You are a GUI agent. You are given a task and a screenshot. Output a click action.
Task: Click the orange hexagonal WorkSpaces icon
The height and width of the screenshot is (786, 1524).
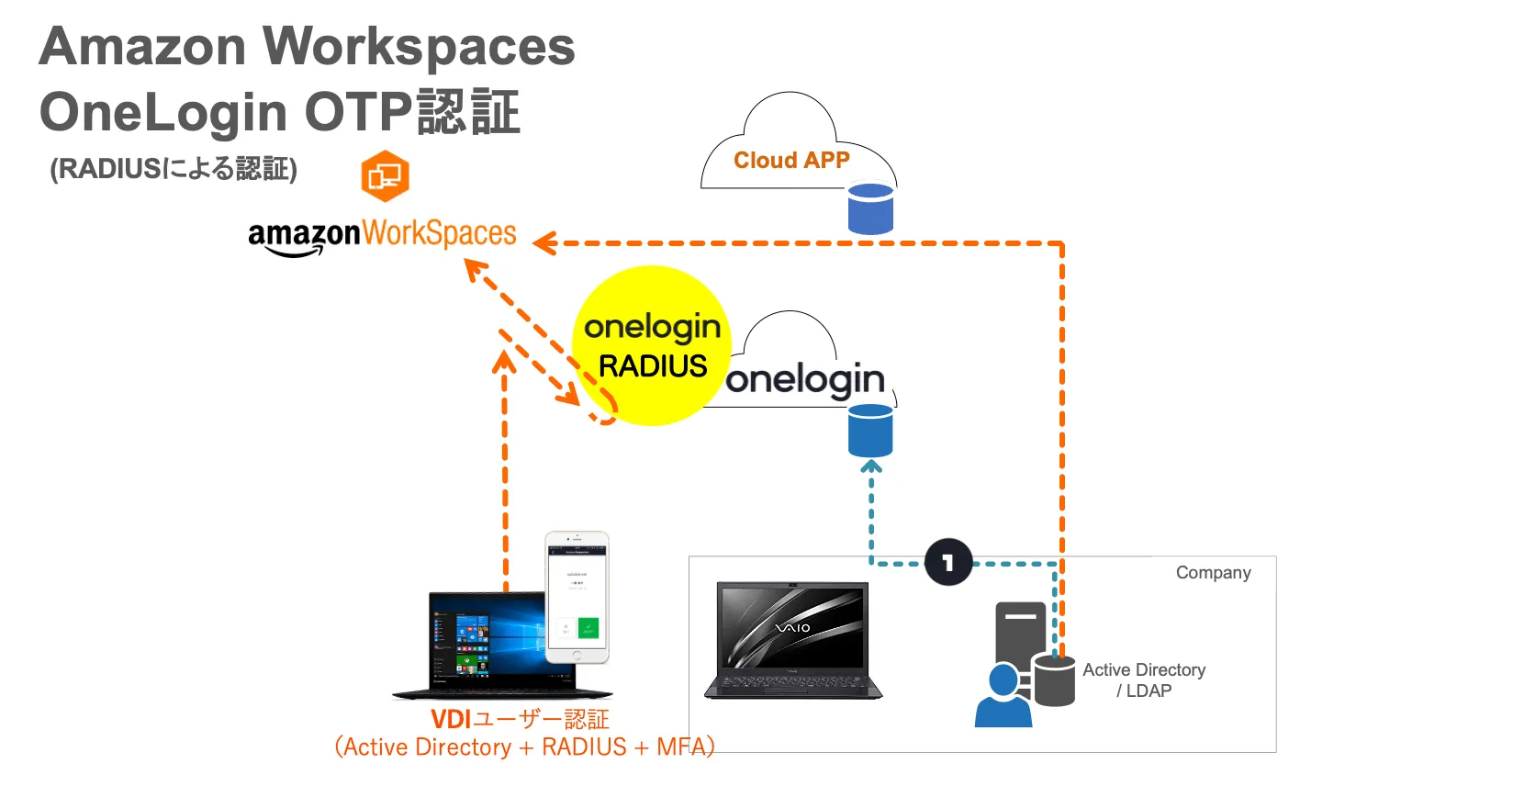coord(385,175)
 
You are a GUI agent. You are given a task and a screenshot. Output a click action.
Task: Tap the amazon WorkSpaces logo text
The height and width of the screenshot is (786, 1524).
coord(382,235)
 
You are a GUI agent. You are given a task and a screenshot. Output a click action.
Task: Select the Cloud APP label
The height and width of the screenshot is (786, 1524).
coord(791,160)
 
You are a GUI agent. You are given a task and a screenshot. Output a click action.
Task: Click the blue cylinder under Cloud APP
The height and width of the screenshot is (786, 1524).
coord(870,208)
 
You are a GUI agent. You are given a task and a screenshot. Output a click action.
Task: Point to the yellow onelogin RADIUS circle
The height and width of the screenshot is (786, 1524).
coord(651,346)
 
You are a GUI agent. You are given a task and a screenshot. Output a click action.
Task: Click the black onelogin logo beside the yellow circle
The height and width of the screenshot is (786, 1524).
coord(805,379)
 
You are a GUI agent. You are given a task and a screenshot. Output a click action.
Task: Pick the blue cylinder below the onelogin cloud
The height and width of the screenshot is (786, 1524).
coord(870,430)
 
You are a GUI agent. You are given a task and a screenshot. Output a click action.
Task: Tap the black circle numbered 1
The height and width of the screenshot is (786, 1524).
coord(948,562)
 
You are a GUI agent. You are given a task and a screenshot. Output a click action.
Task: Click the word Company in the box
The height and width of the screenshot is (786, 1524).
coord(1213,572)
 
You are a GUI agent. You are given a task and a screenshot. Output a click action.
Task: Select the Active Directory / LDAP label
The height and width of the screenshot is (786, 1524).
coord(1144,680)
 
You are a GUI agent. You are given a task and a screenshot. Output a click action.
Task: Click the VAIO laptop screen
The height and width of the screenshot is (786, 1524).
coord(793,626)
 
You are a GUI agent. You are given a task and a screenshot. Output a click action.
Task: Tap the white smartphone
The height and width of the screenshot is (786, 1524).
coord(577,597)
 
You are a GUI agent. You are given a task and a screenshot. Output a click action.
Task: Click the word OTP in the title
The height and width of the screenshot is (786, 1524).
coord(358,112)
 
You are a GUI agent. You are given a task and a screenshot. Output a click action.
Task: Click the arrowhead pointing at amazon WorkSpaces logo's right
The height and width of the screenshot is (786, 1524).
coord(543,243)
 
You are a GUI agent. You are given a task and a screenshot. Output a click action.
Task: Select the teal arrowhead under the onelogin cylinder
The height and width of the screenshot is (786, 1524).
coord(871,466)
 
